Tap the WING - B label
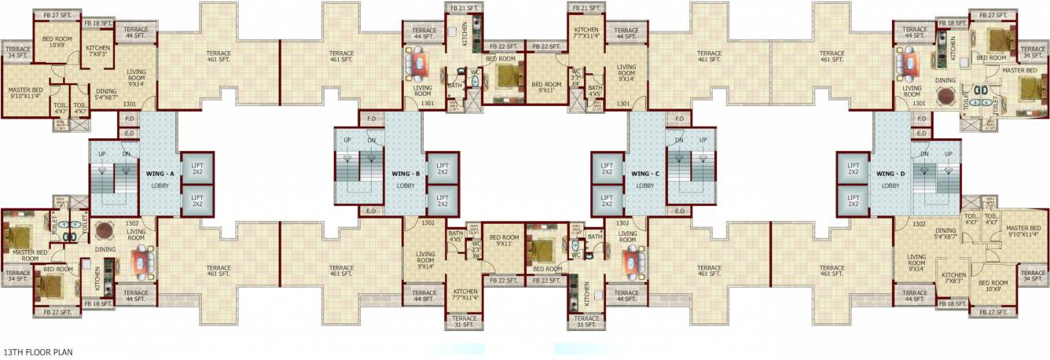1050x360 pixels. pyautogui.click(x=406, y=174)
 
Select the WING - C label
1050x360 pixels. pyautogui.click(x=644, y=174)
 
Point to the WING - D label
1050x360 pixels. pyautogui.click(x=890, y=174)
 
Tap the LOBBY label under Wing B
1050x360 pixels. pyautogui.click(x=406, y=186)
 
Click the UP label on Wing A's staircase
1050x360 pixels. pyautogui.click(x=101, y=154)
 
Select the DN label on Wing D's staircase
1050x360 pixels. pyautogui.click(x=924, y=154)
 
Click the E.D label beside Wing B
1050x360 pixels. pyautogui.click(x=371, y=211)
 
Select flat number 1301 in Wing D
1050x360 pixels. pyautogui.click(x=919, y=104)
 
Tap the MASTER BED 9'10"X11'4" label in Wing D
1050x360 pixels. pyautogui.click(x=1022, y=230)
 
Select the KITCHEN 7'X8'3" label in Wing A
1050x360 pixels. pyautogui.click(x=98, y=51)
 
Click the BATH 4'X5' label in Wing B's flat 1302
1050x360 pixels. pyautogui.click(x=456, y=237)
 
